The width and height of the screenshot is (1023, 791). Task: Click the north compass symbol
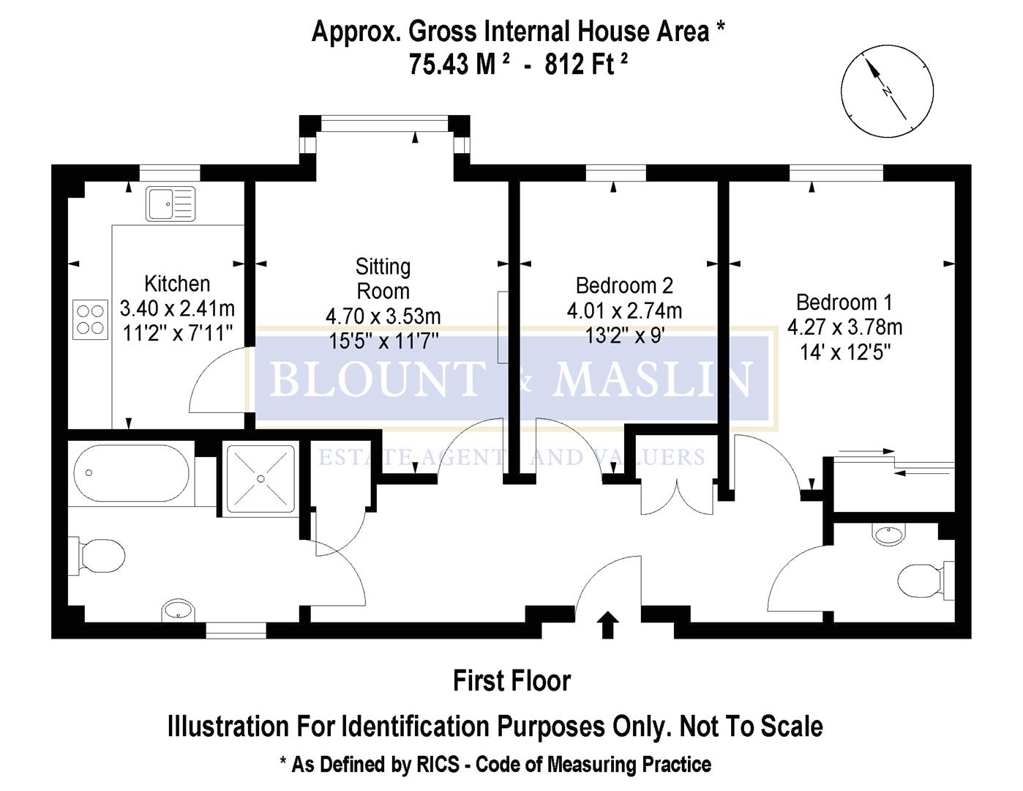[x=887, y=91]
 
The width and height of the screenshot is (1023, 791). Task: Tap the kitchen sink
[x=170, y=203]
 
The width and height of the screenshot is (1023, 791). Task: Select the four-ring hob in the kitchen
[x=90, y=319]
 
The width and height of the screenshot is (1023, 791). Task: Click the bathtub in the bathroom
[x=132, y=473]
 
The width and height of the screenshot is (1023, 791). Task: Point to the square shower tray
[x=261, y=478]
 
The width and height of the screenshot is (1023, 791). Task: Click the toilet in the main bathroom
[x=99, y=556]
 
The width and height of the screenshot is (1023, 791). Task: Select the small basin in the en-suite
[x=888, y=534]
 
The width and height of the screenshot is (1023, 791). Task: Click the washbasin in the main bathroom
[x=179, y=609]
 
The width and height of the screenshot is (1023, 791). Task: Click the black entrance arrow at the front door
[x=607, y=625]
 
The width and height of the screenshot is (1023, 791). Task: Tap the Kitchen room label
[x=177, y=283]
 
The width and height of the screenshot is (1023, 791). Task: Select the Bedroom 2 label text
[x=624, y=285]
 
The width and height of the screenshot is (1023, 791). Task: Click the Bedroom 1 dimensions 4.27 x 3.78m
[x=844, y=327]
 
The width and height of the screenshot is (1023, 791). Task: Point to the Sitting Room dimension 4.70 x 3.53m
[x=383, y=316]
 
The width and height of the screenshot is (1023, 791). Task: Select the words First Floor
[x=511, y=680]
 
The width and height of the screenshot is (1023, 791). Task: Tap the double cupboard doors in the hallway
[x=677, y=496]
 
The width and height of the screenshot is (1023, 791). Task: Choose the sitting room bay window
[x=384, y=125]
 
